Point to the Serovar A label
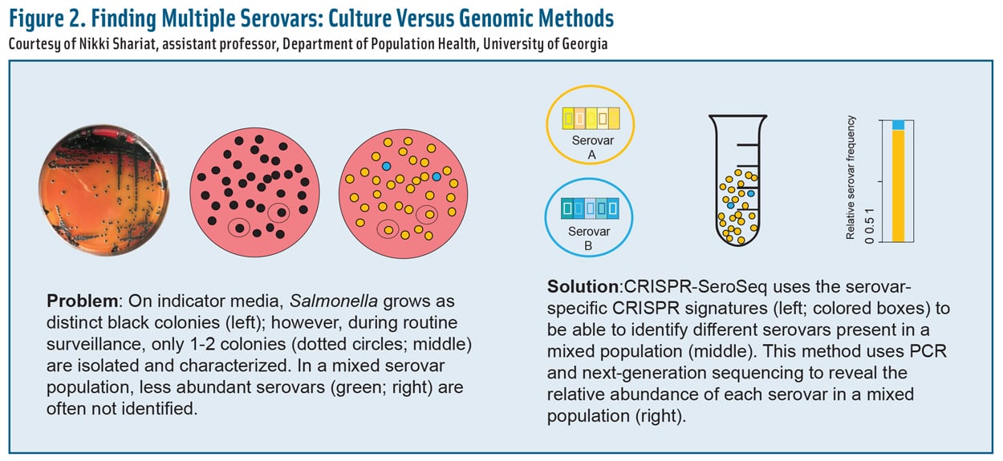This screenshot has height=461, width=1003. [590, 146]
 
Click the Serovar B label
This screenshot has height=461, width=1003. [590, 238]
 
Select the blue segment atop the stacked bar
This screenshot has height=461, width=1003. [899, 124]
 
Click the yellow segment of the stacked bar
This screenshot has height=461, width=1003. [899, 184]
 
